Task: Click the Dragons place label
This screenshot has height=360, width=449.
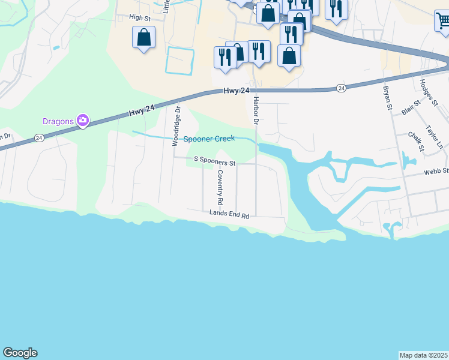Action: (58, 121)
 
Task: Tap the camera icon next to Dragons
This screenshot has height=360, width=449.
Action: (82, 121)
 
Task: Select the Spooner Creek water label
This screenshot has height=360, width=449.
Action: (209, 139)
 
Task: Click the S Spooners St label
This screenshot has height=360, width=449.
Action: (214, 161)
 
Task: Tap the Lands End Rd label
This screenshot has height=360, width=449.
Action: (229, 213)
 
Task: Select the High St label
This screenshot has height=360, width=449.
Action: (140, 18)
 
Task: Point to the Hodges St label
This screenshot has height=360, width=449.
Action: (429, 92)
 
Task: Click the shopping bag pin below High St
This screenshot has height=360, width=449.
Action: (143, 38)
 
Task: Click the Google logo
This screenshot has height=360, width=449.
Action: (20, 353)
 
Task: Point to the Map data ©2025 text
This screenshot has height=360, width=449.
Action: (423, 355)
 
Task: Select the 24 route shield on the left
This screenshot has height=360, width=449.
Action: (39, 137)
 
